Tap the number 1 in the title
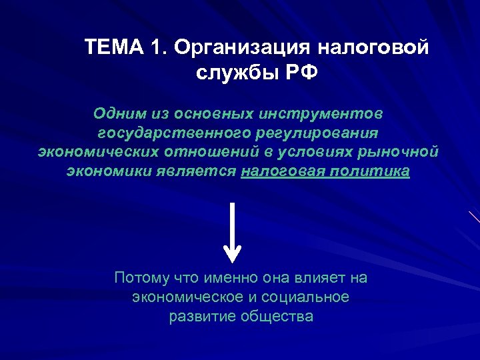click(157, 48)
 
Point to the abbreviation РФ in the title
click(303, 71)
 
